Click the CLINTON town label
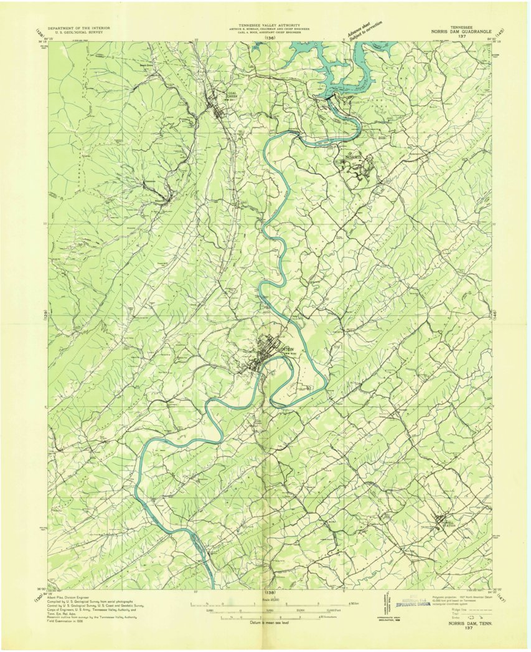click(x=275, y=340)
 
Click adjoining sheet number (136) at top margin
click(x=269, y=39)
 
